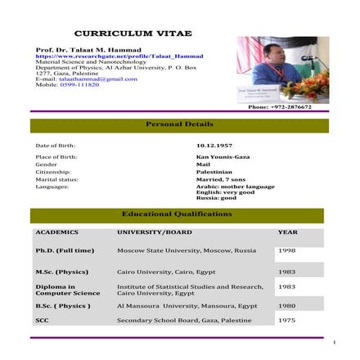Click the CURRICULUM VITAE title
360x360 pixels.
[x=133, y=34]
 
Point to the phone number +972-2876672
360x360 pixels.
[x=280, y=106]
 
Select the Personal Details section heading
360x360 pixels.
[x=179, y=124]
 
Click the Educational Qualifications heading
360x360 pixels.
[x=177, y=214]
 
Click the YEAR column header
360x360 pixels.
[x=287, y=232]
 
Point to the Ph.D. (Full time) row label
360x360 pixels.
[x=65, y=250]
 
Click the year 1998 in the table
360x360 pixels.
[x=286, y=250]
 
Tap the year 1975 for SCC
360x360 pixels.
[x=286, y=320]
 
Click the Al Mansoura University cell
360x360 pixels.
[x=187, y=305]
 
